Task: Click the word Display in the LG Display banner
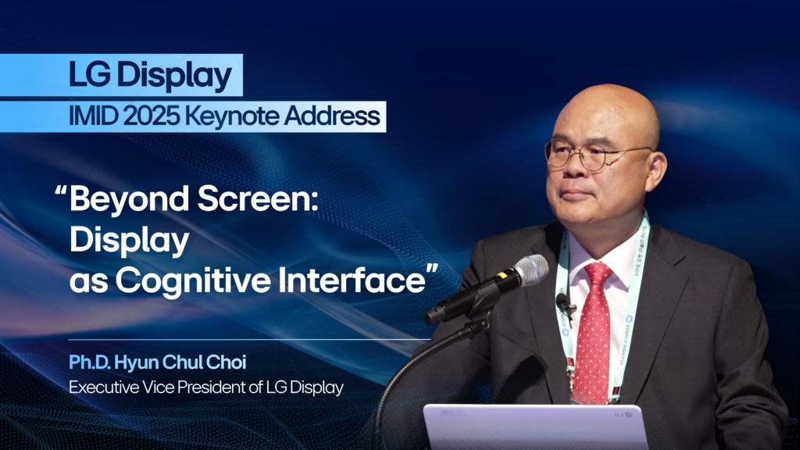(x=174, y=76)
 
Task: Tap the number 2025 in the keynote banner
(x=152, y=116)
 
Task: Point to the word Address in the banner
(x=332, y=116)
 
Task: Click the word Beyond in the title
(x=129, y=199)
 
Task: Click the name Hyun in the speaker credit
(x=134, y=362)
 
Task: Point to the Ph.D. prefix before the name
(x=89, y=362)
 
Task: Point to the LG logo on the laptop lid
(x=622, y=414)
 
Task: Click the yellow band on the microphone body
(x=502, y=276)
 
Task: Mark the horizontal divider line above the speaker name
(x=249, y=339)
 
